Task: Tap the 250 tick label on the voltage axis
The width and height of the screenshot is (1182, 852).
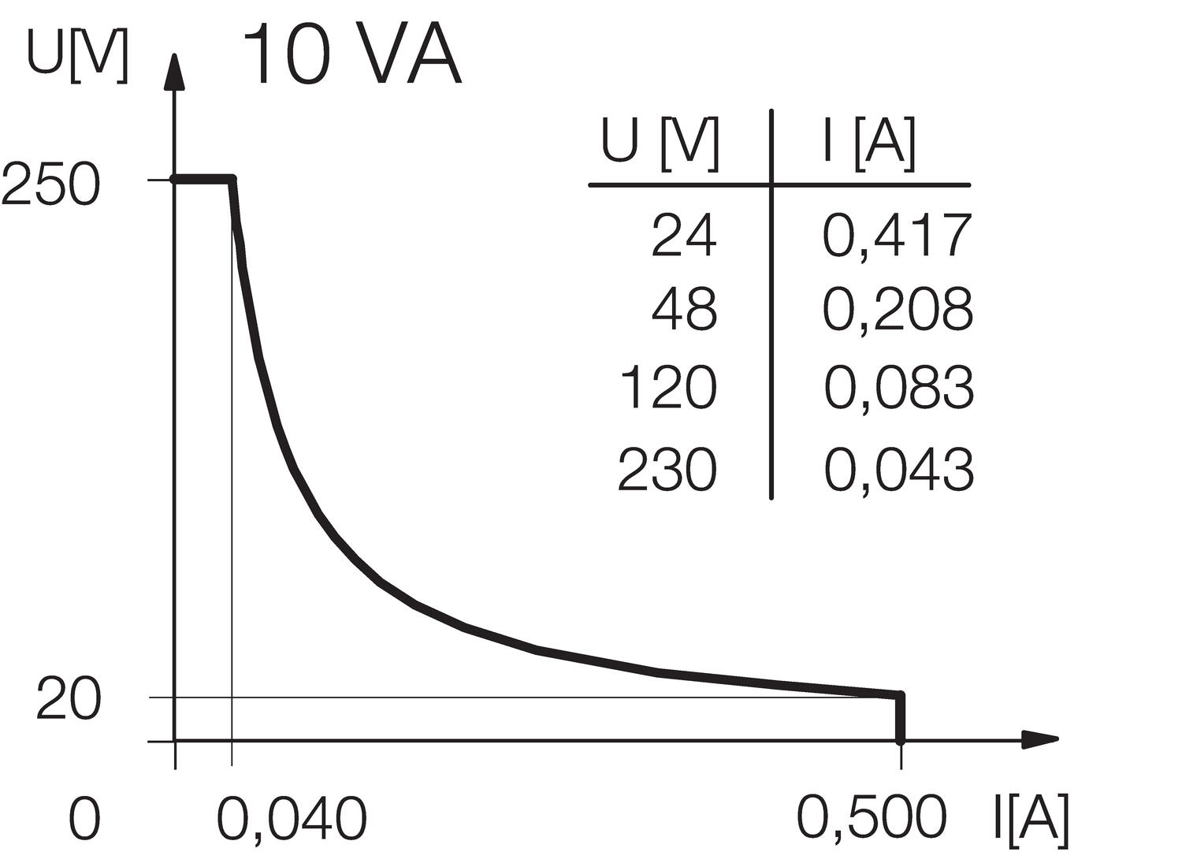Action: (x=52, y=188)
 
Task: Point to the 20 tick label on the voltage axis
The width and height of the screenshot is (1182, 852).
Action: (x=69, y=701)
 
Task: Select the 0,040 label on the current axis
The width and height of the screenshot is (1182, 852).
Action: (x=292, y=819)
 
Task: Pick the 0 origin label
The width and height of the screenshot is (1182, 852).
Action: (x=85, y=819)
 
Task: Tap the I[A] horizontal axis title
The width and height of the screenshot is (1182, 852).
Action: (x=1030, y=819)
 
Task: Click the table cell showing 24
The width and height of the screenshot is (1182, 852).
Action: (x=684, y=236)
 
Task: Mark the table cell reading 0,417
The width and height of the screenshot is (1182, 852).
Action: (x=897, y=236)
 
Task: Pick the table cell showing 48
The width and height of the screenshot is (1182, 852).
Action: (x=684, y=310)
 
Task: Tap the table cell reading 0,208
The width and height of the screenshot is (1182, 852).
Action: (x=898, y=310)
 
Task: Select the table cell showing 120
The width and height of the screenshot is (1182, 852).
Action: (x=668, y=388)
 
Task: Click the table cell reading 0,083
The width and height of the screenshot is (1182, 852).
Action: (x=898, y=388)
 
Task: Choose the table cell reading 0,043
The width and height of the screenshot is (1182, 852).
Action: (x=898, y=470)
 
